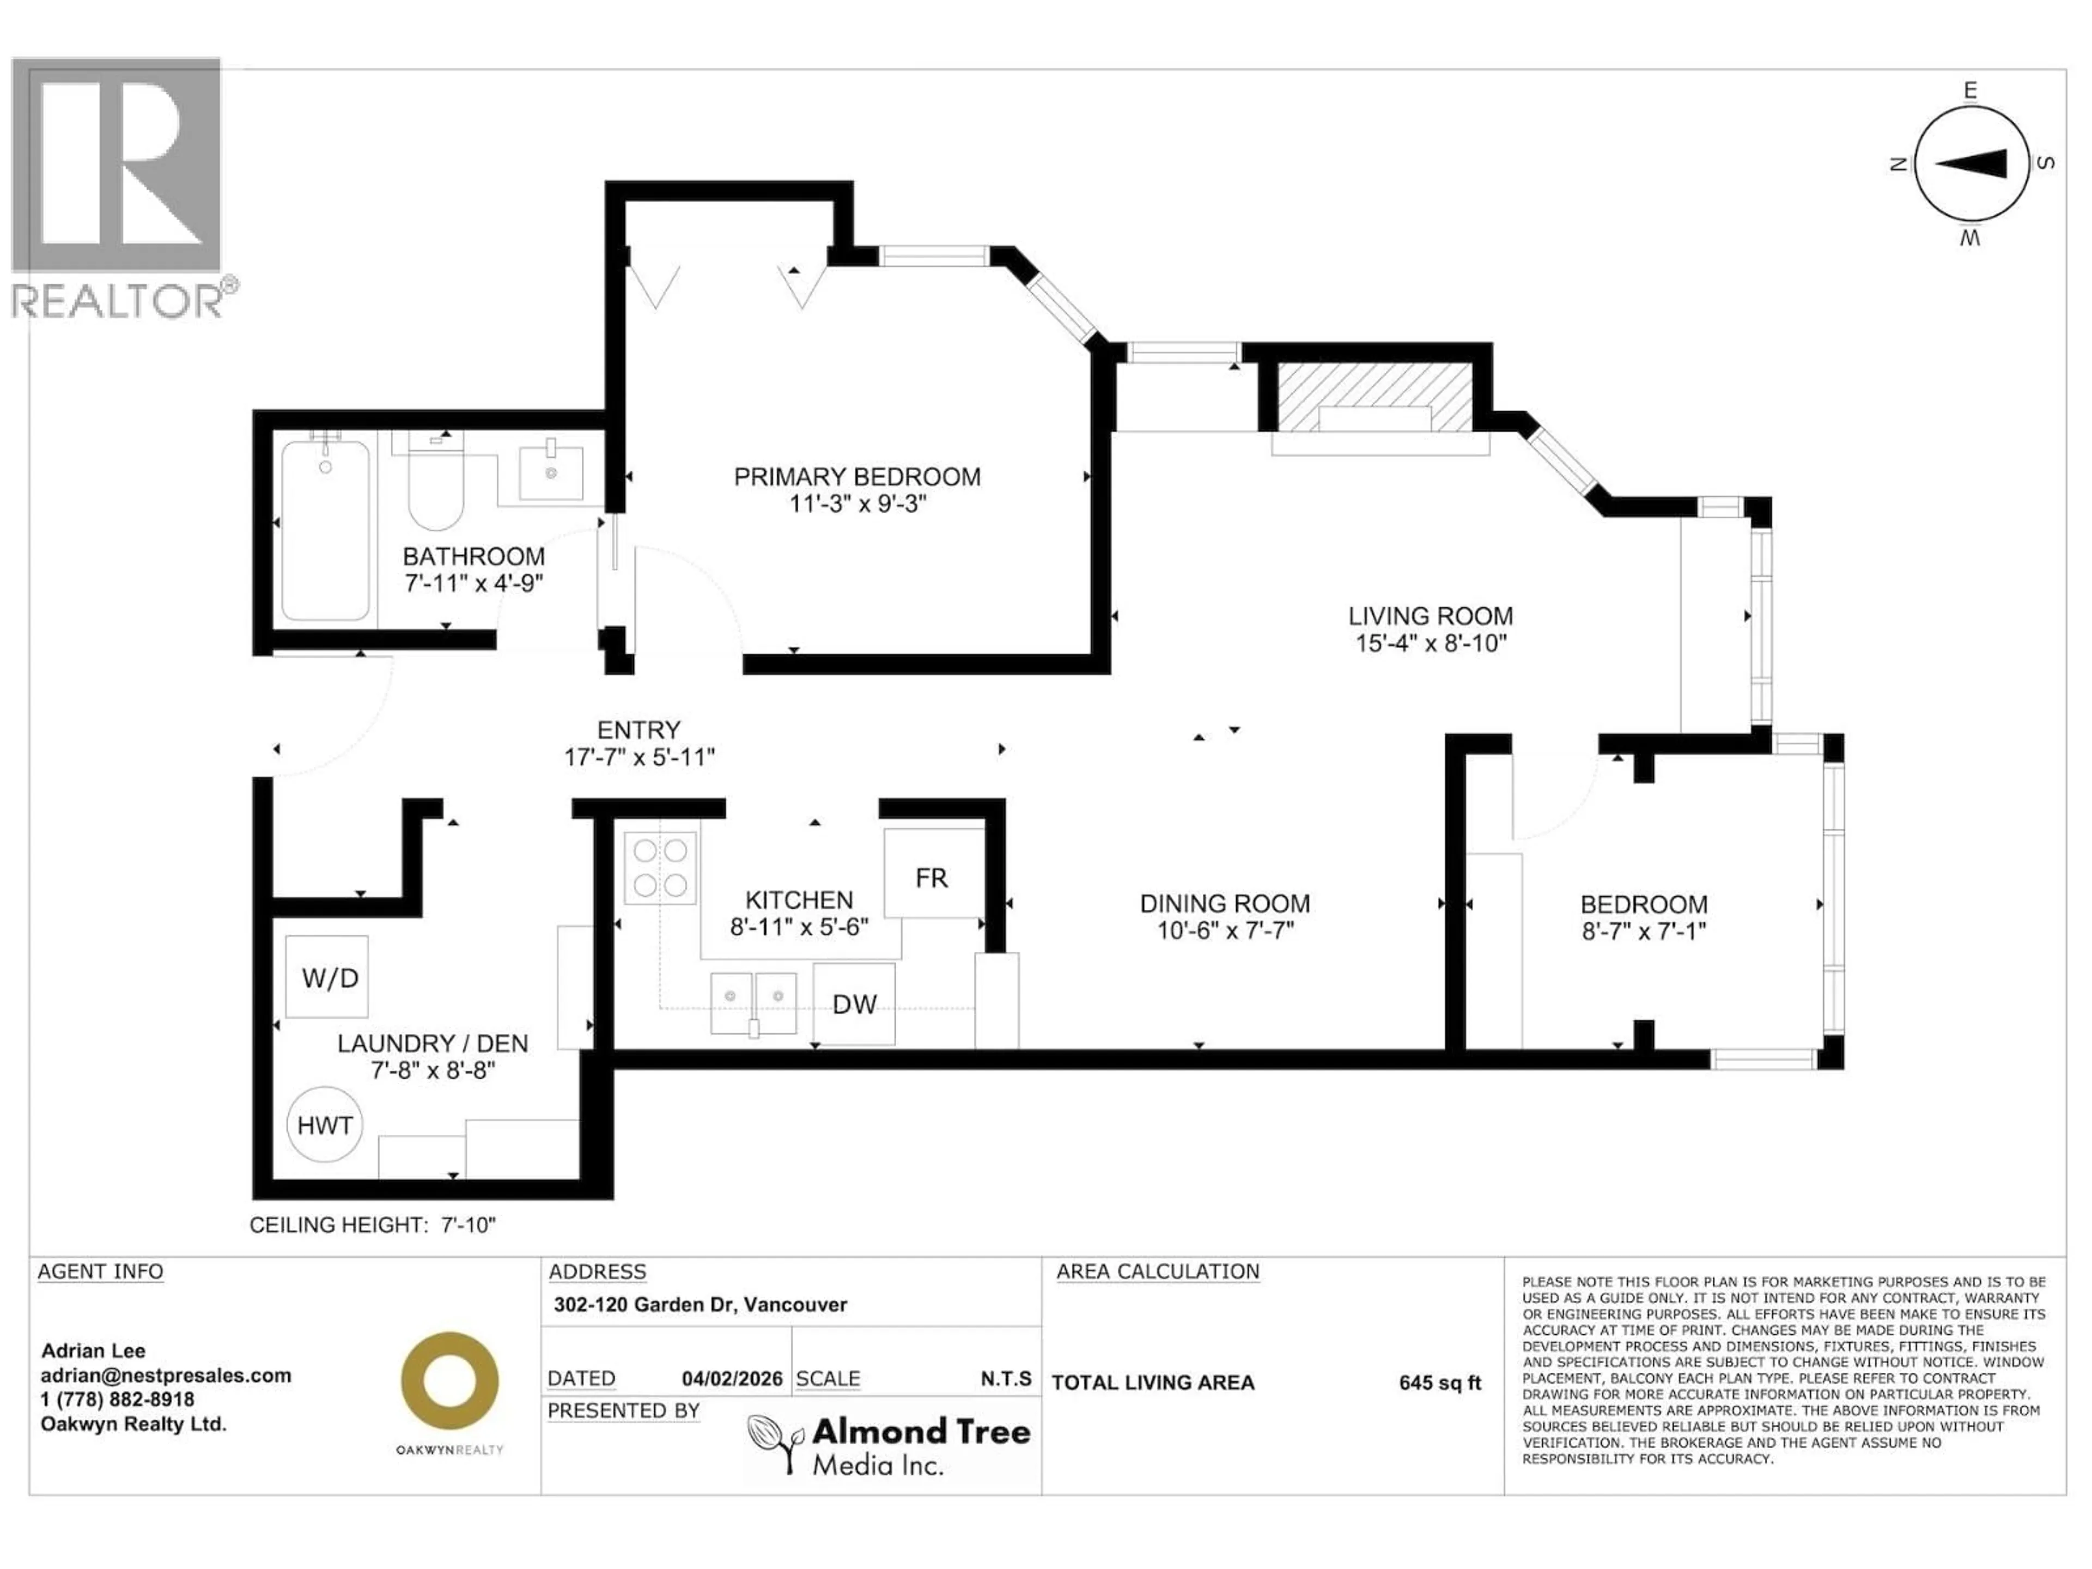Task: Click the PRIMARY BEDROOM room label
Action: (x=857, y=477)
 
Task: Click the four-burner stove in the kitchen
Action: (x=660, y=867)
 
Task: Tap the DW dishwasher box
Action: (x=854, y=1004)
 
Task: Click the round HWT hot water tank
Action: (x=324, y=1124)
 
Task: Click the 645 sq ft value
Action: (x=1439, y=1383)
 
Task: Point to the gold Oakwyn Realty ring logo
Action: (x=449, y=1382)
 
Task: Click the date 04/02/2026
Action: (x=732, y=1379)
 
